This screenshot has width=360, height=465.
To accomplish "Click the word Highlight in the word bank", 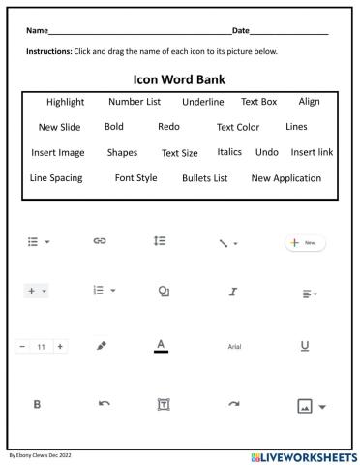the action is pyautogui.click(x=65, y=102).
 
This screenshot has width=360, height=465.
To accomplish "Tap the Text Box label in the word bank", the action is pyautogui.click(x=258, y=102).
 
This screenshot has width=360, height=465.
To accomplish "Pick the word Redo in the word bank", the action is pyautogui.click(x=168, y=127).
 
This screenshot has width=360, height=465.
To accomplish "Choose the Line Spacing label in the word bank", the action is pyautogui.click(x=56, y=178).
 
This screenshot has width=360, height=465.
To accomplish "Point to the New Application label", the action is pyautogui.click(x=285, y=178).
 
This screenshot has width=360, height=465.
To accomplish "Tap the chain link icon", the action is pyautogui.click(x=99, y=239).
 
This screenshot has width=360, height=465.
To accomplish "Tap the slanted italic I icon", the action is pyautogui.click(x=233, y=291).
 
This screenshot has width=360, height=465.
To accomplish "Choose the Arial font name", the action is pyautogui.click(x=234, y=346).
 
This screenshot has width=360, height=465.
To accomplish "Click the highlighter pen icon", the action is pyautogui.click(x=102, y=344).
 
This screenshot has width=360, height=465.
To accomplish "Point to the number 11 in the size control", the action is pyautogui.click(x=41, y=346).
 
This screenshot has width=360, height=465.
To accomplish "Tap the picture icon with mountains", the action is pyautogui.click(x=303, y=406).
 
